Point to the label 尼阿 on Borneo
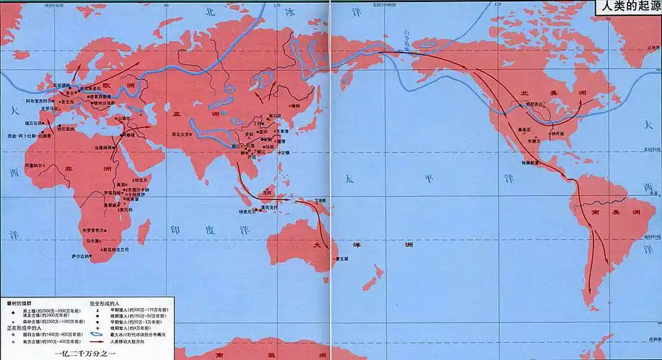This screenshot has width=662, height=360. [267, 192]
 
